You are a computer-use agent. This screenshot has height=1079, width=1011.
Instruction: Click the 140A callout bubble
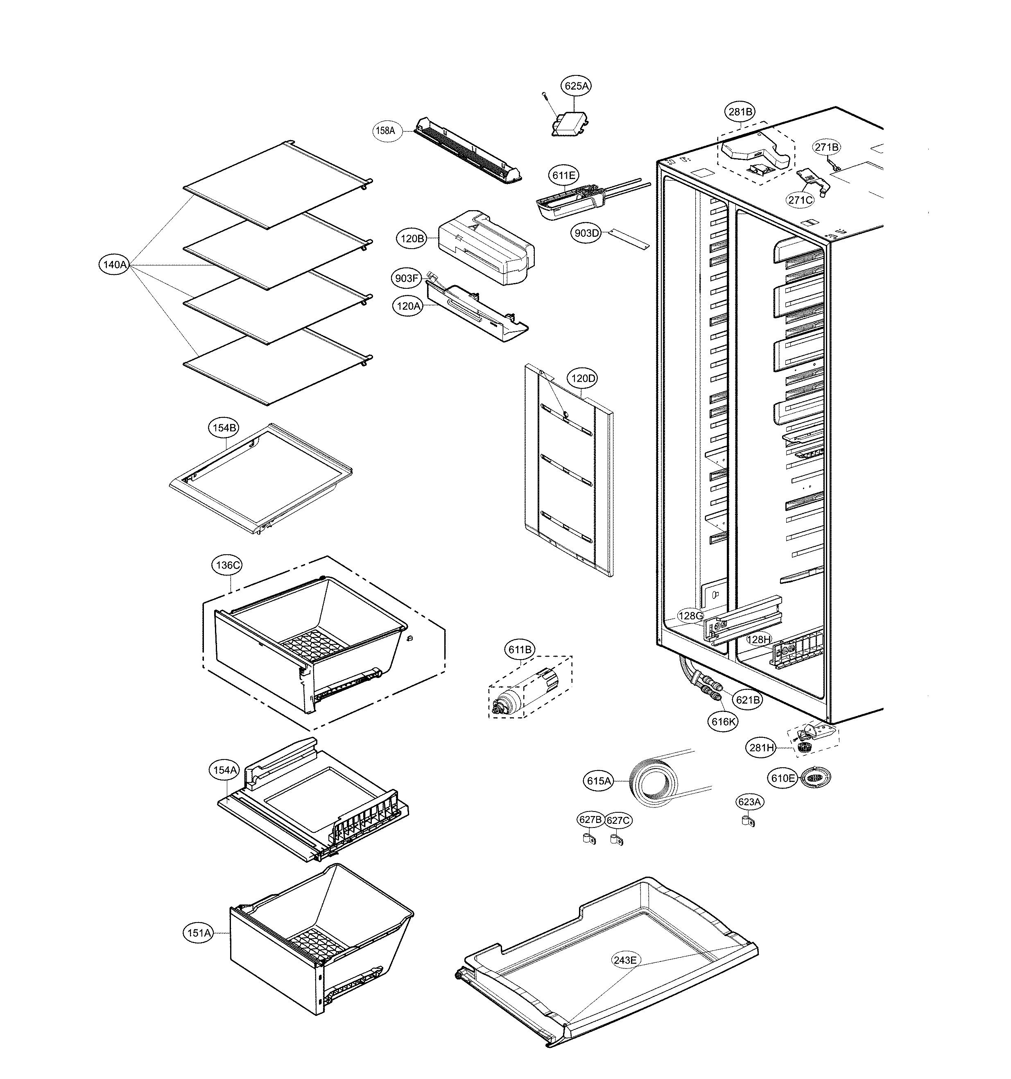pos(115,265)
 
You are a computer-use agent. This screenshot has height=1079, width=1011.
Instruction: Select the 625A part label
pos(576,86)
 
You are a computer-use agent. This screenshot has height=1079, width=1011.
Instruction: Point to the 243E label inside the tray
pos(624,960)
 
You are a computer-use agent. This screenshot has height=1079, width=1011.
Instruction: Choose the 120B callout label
pos(412,238)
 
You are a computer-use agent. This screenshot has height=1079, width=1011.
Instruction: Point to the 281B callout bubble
pos(740,112)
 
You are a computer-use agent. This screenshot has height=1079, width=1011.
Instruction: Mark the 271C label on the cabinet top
pos(801,200)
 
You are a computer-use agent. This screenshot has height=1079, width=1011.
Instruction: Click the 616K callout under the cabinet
pos(724,721)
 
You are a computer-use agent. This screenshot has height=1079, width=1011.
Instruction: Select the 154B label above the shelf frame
pos(224,428)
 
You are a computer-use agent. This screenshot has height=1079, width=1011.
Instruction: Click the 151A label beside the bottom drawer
pos(199,933)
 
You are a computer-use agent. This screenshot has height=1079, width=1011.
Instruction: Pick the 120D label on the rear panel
pos(582,378)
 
